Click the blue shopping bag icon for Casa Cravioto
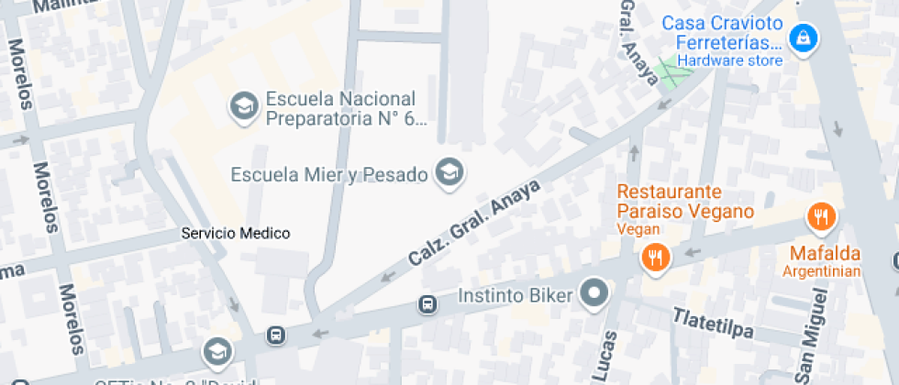click(804, 38)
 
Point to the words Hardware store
click(730, 60)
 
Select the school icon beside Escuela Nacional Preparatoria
click(243, 106)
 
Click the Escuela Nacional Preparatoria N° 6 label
click(340, 108)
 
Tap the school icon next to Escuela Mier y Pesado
click(449, 171)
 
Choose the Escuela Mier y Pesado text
click(328, 174)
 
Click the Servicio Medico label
click(236, 234)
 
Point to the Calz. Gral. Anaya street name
click(474, 223)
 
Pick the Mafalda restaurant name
click(824, 253)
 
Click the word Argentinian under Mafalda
click(822, 271)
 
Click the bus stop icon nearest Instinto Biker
click(427, 303)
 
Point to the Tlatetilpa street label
click(715, 320)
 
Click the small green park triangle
click(674, 77)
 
